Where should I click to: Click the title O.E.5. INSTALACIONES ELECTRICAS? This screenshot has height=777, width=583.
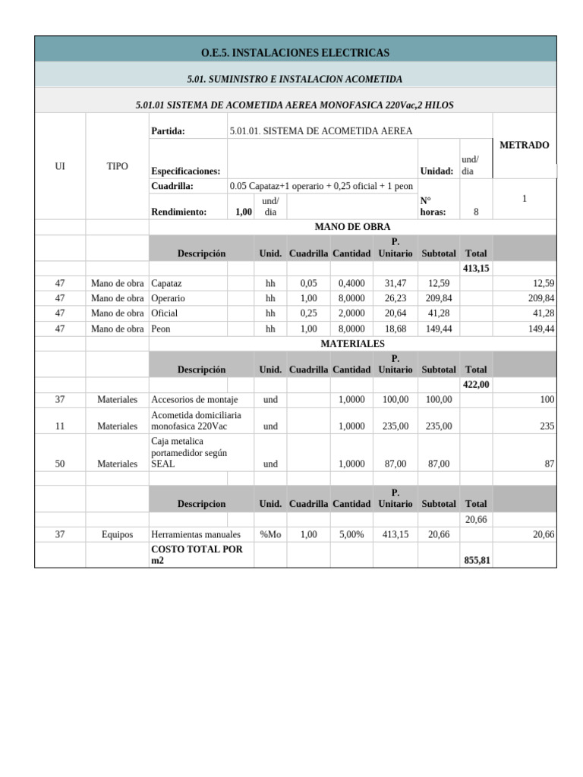(295, 52)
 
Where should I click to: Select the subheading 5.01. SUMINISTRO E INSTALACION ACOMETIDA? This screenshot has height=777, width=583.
(295, 79)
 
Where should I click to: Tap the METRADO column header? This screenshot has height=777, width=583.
(524, 145)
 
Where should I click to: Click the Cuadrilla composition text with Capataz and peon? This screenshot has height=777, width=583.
(320, 186)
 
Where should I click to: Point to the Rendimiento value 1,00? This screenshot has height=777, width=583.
(243, 212)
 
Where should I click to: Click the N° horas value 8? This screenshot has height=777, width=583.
(476, 212)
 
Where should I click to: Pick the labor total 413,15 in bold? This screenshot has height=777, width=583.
(476, 269)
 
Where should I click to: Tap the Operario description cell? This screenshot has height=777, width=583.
(169, 298)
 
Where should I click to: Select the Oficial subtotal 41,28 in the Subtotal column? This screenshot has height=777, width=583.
(439, 313)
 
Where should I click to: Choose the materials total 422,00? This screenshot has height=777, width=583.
(476, 385)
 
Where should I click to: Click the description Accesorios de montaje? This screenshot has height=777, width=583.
(194, 400)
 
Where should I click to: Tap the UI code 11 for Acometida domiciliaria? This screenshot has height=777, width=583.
(60, 426)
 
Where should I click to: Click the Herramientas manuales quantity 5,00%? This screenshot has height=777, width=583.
(351, 535)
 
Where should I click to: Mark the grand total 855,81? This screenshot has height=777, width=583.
(476, 560)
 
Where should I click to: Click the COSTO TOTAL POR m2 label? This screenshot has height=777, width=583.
(197, 555)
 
